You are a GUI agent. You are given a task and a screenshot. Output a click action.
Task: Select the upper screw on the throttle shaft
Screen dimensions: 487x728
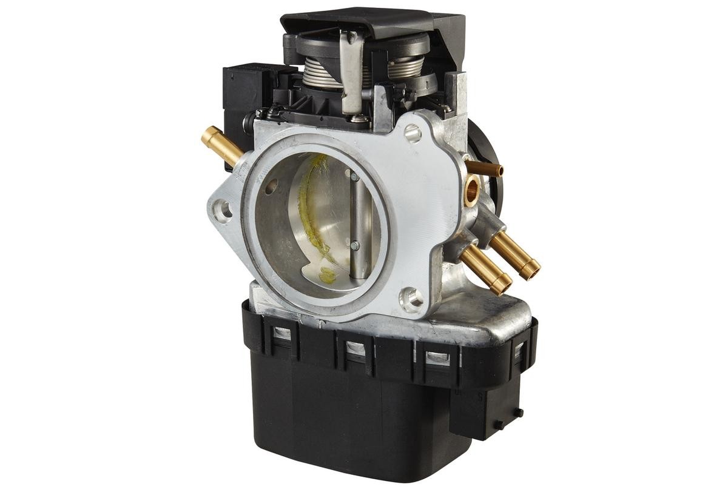354,177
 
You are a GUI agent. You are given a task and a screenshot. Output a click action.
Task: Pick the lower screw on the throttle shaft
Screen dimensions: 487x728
354,245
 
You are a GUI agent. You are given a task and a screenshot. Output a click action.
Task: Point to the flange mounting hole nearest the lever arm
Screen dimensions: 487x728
413,132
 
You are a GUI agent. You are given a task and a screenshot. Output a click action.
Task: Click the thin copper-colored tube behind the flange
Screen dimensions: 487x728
485,168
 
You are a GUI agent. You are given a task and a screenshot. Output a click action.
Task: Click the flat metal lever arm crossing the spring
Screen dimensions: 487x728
352,73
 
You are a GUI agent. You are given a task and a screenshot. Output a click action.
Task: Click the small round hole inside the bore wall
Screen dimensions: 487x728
271,186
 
